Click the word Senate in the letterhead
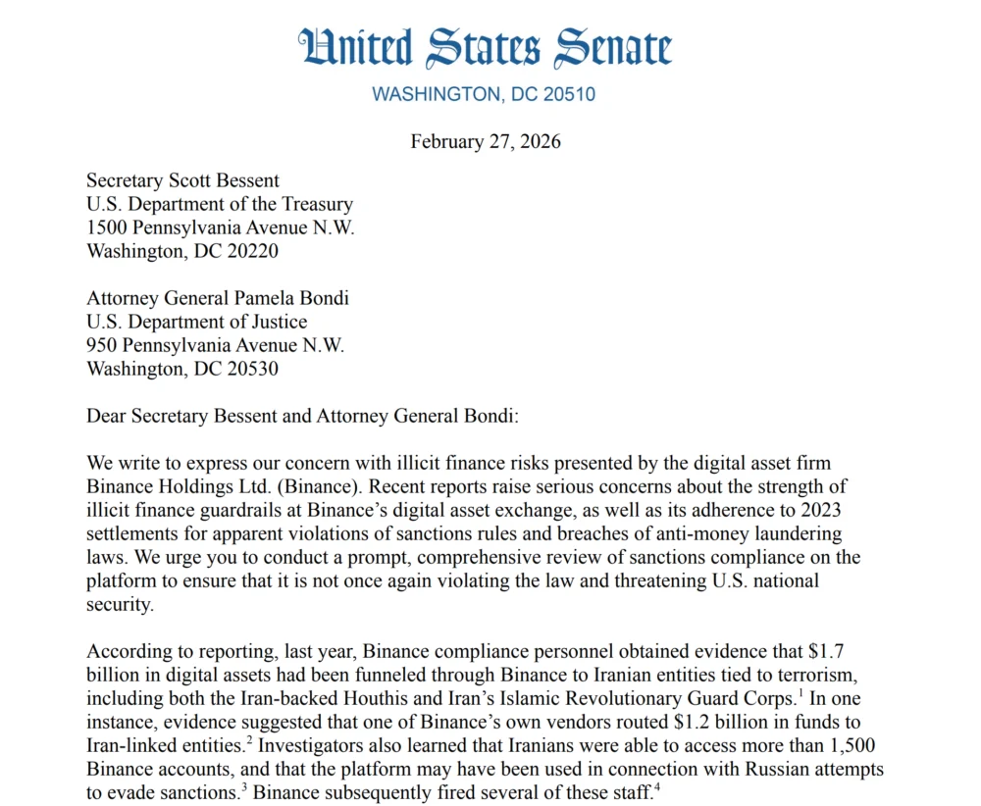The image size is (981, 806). [x=613, y=47]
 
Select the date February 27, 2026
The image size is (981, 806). [x=486, y=141]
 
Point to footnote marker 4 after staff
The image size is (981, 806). [x=656, y=787]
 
